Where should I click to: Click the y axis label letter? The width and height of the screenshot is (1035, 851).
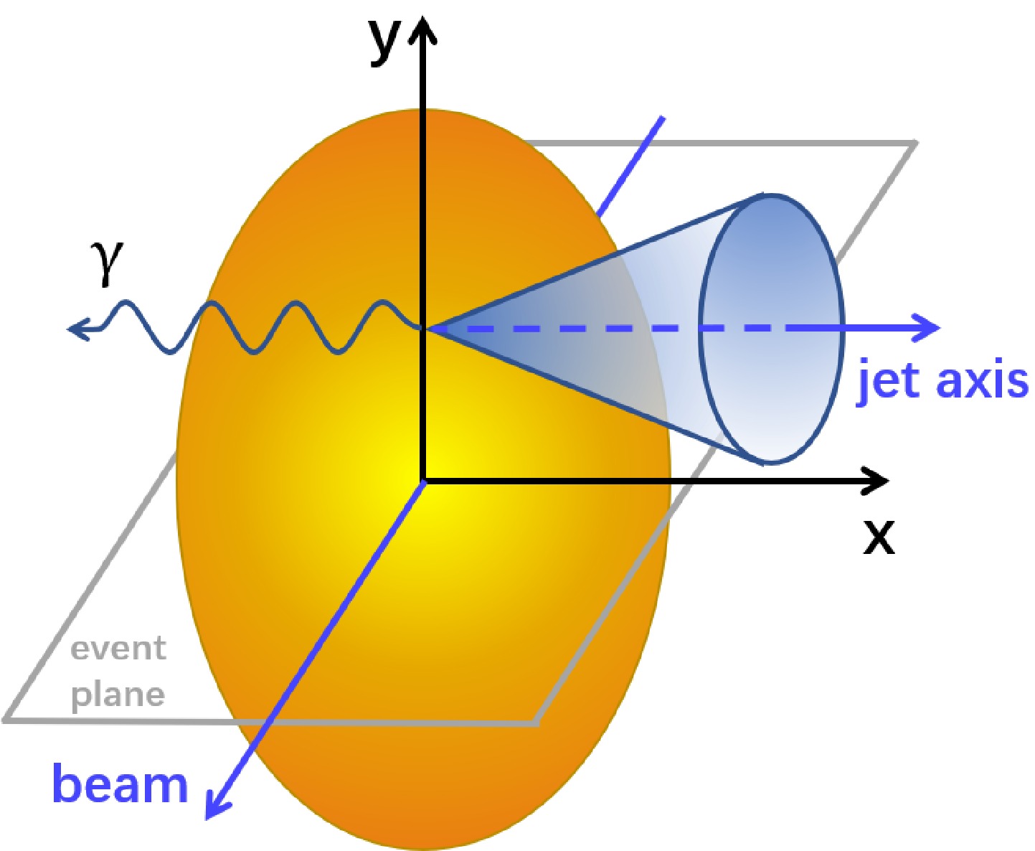[x=385, y=42]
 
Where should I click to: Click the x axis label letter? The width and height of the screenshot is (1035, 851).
[x=879, y=536]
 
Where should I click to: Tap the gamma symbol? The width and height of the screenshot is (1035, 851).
[x=108, y=263]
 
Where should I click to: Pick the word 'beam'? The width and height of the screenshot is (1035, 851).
[x=120, y=784]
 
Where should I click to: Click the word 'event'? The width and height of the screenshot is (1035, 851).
[x=118, y=649]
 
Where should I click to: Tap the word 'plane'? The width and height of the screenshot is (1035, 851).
[x=118, y=694]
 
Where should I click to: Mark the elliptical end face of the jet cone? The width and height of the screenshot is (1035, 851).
[x=771, y=329]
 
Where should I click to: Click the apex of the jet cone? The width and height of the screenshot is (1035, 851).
[x=427, y=329]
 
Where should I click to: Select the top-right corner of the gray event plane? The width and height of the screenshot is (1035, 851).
[x=914, y=144]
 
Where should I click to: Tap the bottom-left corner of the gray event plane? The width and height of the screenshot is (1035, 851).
[x=7, y=718]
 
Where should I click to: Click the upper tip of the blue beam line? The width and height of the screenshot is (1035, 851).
[x=661, y=119]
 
